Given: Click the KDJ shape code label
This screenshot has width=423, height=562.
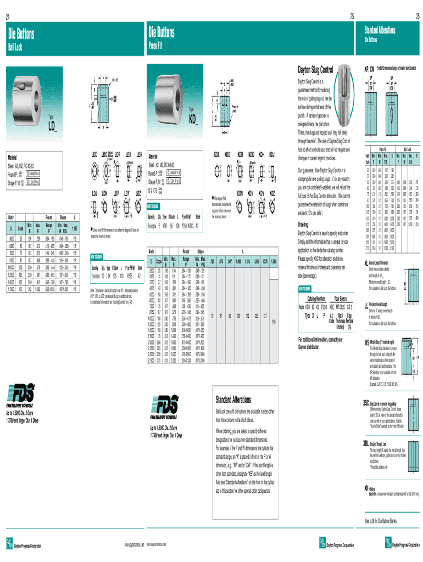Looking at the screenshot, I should [x=272, y=156].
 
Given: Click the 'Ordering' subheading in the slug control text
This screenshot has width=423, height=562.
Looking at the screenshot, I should [x=303, y=225].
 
